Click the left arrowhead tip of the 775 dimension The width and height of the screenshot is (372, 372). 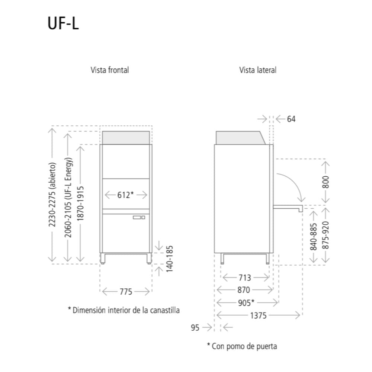tap(103, 292)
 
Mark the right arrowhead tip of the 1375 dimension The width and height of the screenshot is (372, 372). tap(300, 315)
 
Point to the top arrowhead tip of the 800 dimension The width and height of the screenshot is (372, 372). tap(325, 162)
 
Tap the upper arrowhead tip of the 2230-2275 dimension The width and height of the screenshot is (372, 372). tap(52, 128)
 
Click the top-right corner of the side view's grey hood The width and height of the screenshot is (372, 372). tap(260, 131)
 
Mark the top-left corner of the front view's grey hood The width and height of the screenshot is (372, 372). tap(103, 131)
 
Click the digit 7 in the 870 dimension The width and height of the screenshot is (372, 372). tap(244, 290)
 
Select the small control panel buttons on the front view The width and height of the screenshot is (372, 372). tap(139, 217)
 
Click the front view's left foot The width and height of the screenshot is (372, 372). tap(103, 259)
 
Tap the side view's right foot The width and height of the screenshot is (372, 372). tap(267, 259)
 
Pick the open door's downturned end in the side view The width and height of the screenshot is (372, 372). tap(301, 209)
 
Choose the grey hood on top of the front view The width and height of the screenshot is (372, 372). tap(126, 138)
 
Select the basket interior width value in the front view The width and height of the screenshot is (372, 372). tap(125, 195)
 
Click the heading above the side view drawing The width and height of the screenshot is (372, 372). tap(258, 70)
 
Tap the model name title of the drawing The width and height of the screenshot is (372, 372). tap(63, 23)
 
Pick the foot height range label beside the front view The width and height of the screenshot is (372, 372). tap(169, 259)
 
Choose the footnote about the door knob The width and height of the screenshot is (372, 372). tap(242, 346)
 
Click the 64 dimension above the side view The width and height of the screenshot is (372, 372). tap(291, 119)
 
